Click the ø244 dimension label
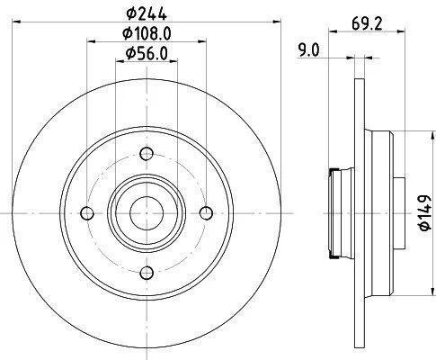(x=147, y=13)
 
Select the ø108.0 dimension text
(x=147, y=33)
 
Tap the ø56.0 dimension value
(x=147, y=53)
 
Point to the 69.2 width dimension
(x=367, y=23)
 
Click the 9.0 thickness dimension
(x=309, y=50)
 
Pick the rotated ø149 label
(x=425, y=213)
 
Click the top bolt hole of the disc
(x=147, y=154)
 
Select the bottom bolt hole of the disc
(x=147, y=273)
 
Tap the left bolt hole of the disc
(x=87, y=213)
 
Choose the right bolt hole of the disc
(x=206, y=213)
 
